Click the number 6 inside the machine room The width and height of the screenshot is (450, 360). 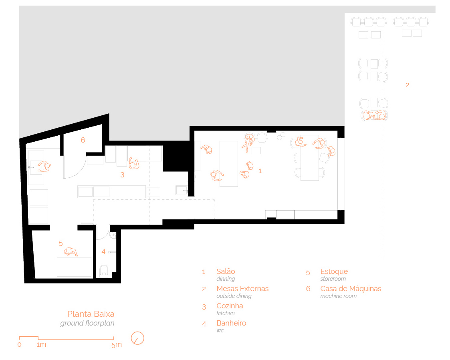click(x=83, y=140)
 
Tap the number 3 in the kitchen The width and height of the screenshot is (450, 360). click(x=122, y=175)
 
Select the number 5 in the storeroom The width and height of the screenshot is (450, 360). click(x=61, y=243)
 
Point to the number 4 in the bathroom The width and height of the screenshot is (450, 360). click(x=104, y=251)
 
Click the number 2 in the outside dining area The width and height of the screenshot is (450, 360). click(x=407, y=85)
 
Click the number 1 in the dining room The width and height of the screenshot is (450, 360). click(x=260, y=171)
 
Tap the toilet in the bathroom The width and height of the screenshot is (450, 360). click(x=104, y=271)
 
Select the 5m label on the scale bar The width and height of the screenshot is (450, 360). click(x=117, y=344)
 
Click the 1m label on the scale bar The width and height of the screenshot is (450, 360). click(x=41, y=344)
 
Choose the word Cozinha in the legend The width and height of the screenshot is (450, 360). click(x=230, y=306)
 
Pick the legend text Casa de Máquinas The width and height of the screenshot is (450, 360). click(x=351, y=289)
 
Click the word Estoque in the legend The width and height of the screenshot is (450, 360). click(x=334, y=272)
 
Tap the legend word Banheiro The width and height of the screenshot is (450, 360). click(x=231, y=323)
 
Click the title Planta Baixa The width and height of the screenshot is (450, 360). click(x=91, y=314)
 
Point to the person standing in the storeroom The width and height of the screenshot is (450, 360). click(x=71, y=252)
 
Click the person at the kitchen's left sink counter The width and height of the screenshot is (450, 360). click(x=44, y=166)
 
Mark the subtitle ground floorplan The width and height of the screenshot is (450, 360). click(x=87, y=323)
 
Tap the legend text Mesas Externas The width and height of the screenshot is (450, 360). click(x=242, y=289)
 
